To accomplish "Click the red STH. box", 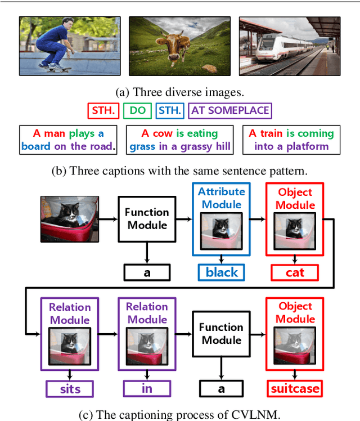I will (x=103, y=110).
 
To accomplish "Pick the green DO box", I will (x=137, y=110).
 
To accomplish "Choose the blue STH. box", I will (x=169, y=110).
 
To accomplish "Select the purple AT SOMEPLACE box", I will (x=230, y=110).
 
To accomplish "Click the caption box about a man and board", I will (x=68, y=140).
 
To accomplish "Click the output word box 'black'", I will (x=221, y=272).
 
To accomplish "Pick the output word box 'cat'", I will (x=295, y=272).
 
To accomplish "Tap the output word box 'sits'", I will (x=70, y=388).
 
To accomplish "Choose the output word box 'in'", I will (x=146, y=388).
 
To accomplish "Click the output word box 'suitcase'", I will (x=295, y=388).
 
